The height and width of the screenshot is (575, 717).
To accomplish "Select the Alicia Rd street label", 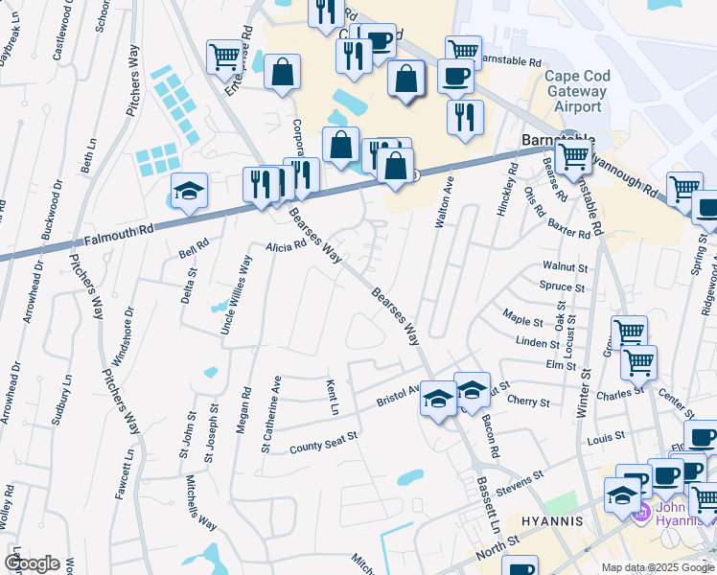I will (x=286, y=245).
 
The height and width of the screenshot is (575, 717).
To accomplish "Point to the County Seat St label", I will (x=323, y=441).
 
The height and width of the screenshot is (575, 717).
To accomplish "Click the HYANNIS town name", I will (x=551, y=520).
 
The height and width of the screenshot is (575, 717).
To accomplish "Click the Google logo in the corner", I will (x=32, y=563).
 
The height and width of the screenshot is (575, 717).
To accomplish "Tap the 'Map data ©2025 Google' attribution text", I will (x=658, y=567).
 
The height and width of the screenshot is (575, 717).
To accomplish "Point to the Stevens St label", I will (x=520, y=476).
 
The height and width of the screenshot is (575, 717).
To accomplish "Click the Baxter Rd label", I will (x=569, y=232).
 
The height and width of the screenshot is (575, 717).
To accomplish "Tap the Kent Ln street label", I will (x=333, y=396).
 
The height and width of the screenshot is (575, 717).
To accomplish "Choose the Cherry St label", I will (x=528, y=402).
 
